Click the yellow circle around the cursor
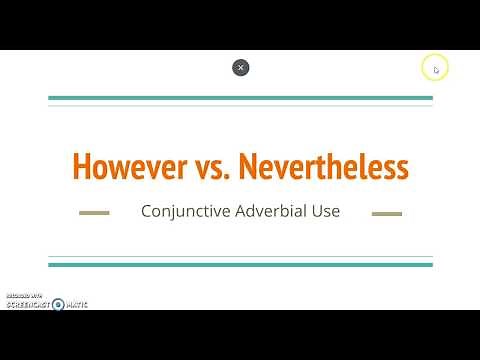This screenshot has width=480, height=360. [x=435, y=68]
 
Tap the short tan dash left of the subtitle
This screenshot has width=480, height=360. [x=94, y=213]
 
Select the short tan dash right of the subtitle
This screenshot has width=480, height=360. [x=386, y=213]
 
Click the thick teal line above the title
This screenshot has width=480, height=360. [x=240, y=98]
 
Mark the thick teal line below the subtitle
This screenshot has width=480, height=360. [x=240, y=264]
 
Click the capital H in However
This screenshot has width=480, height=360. [x=81, y=166]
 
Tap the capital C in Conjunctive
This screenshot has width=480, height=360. [x=147, y=212]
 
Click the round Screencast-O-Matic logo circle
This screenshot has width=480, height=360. [x=58, y=304]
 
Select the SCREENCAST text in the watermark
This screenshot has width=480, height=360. [x=28, y=304]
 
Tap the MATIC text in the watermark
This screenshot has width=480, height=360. [x=76, y=304]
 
